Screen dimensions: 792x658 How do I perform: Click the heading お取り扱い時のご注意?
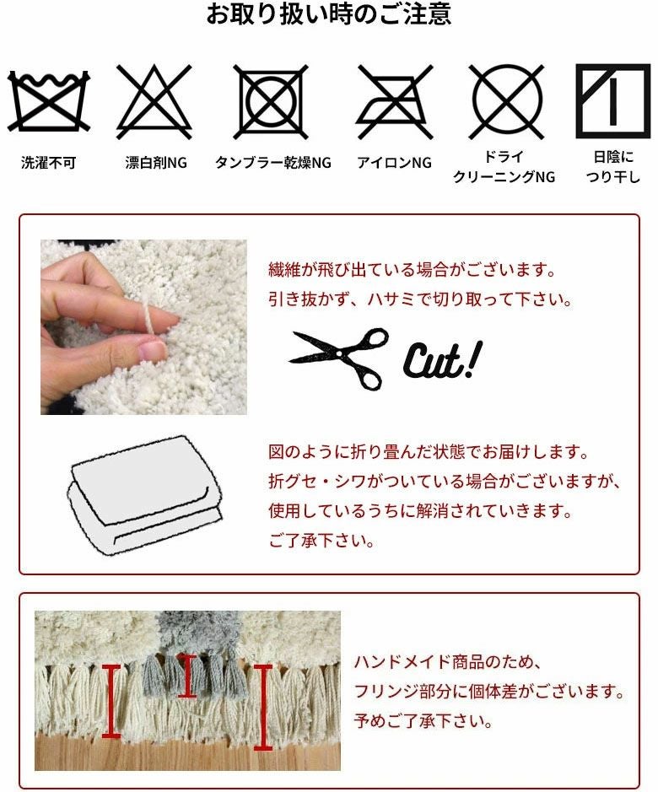pyautogui.click(x=328, y=14)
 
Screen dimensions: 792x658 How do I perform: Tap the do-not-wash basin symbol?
pyautogui.click(x=48, y=101)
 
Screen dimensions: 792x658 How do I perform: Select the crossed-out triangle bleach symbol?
pyautogui.click(x=154, y=101)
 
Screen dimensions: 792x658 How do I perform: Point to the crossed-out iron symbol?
pyautogui.click(x=394, y=101)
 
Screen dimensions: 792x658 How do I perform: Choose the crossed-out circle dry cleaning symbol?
pyautogui.click(x=506, y=101)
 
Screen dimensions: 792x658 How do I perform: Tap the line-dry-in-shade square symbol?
pyautogui.click(x=613, y=101)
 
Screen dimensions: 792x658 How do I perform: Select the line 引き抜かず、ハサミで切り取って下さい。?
pyautogui.click(x=419, y=299)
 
